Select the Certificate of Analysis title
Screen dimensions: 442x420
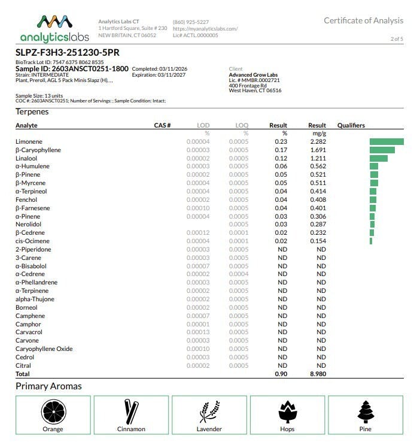click(363, 20)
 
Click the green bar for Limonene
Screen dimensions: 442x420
click(386, 141)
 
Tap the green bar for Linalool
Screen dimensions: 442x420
click(378, 158)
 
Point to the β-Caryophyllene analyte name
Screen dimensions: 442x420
click(38, 150)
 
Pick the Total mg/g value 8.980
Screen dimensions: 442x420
click(317, 374)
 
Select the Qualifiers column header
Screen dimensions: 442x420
click(351, 126)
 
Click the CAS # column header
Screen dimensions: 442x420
click(163, 126)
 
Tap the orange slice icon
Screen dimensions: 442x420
click(53, 412)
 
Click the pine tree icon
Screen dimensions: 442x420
click(365, 412)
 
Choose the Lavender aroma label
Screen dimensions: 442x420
click(209, 429)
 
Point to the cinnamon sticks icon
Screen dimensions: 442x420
click(131, 412)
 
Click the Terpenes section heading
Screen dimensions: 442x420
click(32, 112)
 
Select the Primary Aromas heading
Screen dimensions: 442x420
click(48, 386)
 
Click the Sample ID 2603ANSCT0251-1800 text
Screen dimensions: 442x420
click(72, 69)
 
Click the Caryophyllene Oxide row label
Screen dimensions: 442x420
click(44, 349)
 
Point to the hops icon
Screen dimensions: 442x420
click(287, 412)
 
